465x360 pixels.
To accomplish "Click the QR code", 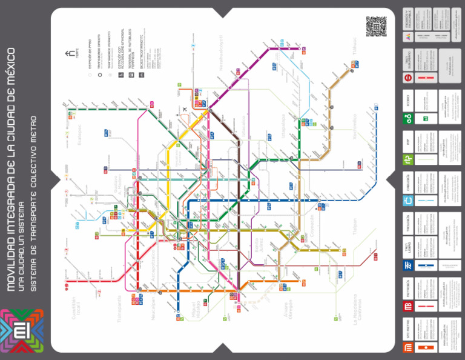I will click(x=376, y=26).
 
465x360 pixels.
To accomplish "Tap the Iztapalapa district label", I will click(x=285, y=133).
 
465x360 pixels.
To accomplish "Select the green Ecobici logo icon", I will click(x=409, y=119).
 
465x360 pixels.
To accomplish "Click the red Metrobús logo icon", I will click(x=409, y=307).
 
